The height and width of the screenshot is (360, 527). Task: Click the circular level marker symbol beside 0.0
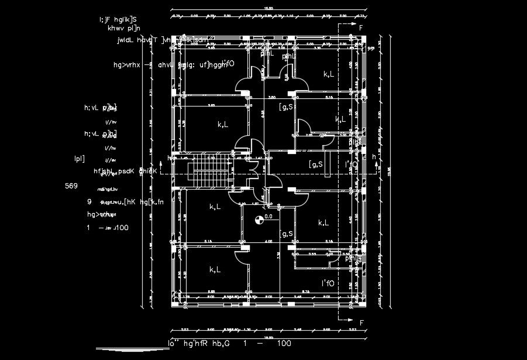pos(259,220)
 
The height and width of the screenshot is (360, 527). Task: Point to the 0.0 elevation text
pos(268,217)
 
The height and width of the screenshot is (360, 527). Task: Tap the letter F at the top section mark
pos(361,28)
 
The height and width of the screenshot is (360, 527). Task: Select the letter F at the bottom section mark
pos(361,323)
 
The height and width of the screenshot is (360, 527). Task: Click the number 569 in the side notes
pos(71,186)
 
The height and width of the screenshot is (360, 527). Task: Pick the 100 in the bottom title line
pos(284,343)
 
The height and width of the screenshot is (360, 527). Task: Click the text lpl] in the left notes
pos(80,158)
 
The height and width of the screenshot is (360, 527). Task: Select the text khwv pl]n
pos(120,27)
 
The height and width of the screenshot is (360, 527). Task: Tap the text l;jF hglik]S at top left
pos(118,19)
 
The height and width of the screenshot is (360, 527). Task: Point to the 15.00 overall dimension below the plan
pos(268,338)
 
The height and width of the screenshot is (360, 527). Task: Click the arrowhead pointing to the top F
pos(352,25)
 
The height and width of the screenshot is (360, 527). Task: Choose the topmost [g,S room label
pos(286,107)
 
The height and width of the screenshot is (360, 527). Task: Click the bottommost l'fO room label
pos(328,284)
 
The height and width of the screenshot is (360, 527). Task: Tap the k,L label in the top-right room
pos(329,74)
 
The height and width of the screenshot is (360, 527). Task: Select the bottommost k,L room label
pos(215,270)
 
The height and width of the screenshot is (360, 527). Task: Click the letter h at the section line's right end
pos(374,157)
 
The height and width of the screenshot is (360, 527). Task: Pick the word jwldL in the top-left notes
pos(126,41)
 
